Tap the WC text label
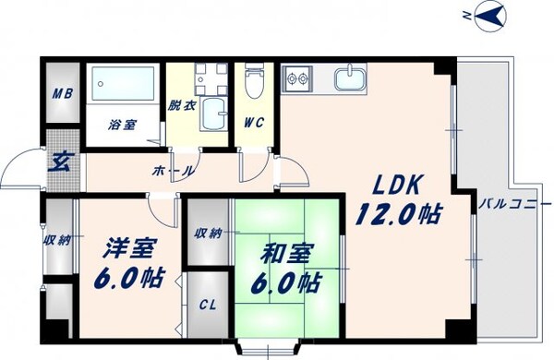255,122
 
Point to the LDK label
391,183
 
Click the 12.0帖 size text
399,215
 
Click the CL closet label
208,305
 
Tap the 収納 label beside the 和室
208,234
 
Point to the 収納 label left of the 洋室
55,241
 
